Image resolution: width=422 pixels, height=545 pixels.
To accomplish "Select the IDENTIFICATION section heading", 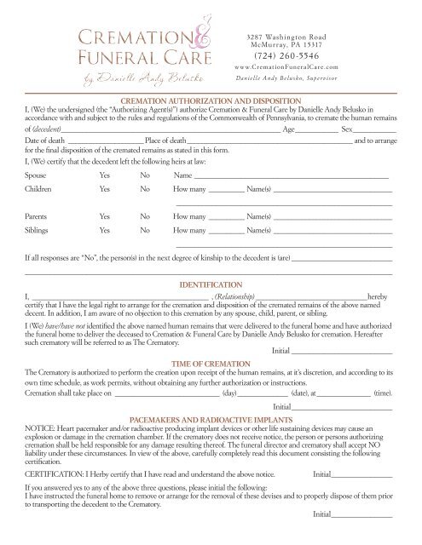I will click(210, 281).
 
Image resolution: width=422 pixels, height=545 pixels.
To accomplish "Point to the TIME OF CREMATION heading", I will click(210, 364).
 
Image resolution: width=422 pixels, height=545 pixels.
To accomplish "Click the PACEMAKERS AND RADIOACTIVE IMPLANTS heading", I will click(210, 420).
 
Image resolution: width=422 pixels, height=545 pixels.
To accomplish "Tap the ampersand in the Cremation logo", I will click(195, 39).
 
